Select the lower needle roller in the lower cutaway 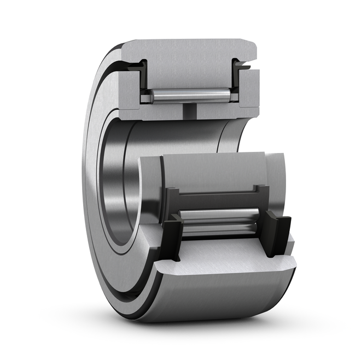click(219, 228)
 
